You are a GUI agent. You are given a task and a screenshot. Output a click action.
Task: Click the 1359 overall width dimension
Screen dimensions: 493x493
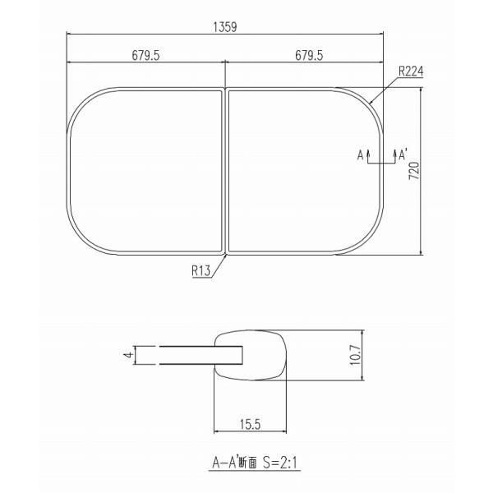225,27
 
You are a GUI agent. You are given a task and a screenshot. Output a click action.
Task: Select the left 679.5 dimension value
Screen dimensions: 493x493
145,56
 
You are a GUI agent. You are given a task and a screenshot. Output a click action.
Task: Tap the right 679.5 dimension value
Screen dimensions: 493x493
309,56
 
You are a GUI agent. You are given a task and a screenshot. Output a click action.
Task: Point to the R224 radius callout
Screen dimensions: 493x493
411,71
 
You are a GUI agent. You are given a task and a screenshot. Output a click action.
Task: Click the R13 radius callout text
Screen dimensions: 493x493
201,270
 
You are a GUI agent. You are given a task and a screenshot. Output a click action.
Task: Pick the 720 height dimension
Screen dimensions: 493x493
414,171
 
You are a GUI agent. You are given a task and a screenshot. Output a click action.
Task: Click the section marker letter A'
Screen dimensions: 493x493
403,154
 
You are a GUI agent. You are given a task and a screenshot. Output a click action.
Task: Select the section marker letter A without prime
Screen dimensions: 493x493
361,155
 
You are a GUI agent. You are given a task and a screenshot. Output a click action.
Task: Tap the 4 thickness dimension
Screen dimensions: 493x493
128,355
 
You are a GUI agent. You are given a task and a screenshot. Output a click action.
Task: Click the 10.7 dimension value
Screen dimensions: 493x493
355,355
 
